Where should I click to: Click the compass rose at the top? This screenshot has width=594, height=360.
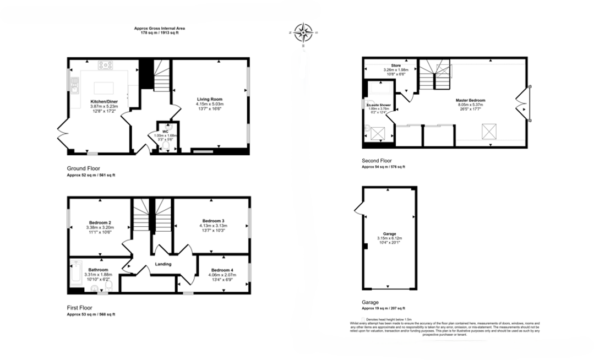(x=302, y=33)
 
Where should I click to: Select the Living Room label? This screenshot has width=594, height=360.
(x=210, y=99)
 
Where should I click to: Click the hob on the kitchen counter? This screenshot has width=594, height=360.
(x=105, y=65)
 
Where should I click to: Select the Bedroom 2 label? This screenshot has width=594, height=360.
(x=99, y=222)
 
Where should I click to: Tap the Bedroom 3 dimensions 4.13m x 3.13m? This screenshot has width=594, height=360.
(x=212, y=226)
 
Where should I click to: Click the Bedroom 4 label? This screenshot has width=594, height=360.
(x=222, y=270)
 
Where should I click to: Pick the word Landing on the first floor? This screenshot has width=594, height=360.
(x=164, y=264)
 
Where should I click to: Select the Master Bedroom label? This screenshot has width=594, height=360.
(x=470, y=100)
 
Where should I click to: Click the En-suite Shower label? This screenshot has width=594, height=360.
(x=379, y=104)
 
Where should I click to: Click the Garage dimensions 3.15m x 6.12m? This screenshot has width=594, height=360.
(x=389, y=238)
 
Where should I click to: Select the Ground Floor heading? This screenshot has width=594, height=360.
(x=83, y=168)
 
